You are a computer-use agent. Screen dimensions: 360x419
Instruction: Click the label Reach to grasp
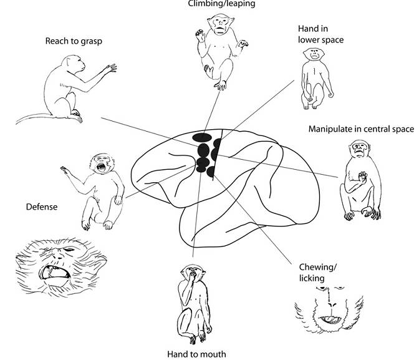(x=74, y=41)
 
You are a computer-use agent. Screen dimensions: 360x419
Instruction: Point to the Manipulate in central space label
(x=361, y=129)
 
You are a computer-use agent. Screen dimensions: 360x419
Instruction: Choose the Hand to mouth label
(x=196, y=354)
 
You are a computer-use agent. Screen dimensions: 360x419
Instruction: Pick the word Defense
(x=42, y=206)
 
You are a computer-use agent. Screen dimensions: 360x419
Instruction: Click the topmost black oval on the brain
(x=201, y=137)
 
